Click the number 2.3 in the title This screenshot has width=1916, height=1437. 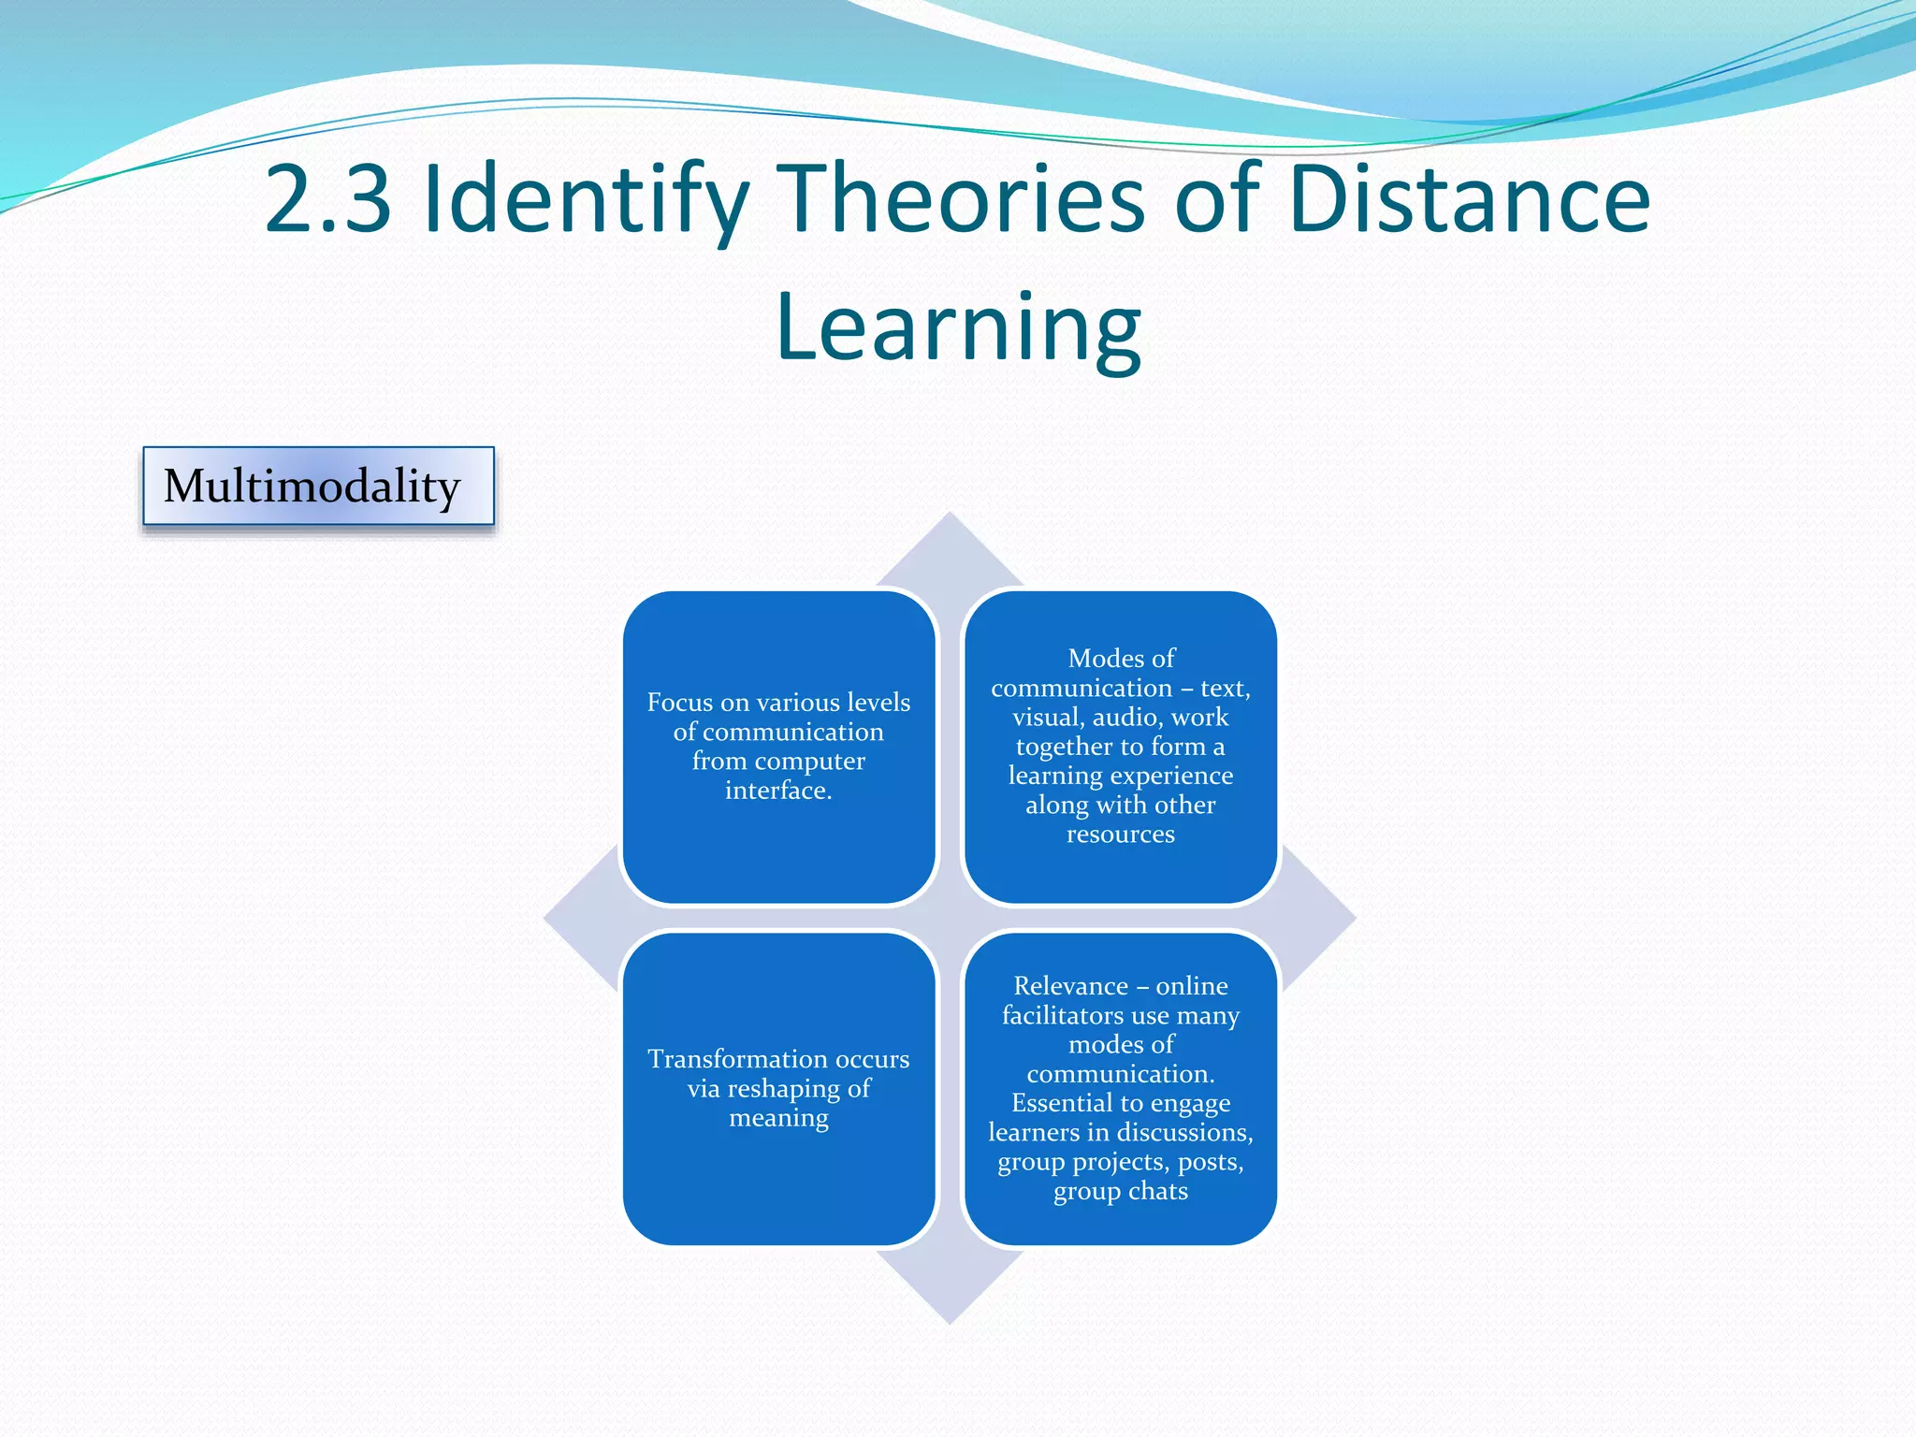pyautogui.click(x=327, y=199)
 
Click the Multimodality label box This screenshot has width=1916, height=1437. pyautogui.click(x=318, y=486)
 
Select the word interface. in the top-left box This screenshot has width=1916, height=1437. pyautogui.click(x=778, y=791)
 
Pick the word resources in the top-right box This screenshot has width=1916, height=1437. pyautogui.click(x=1120, y=835)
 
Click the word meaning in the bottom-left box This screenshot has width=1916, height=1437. pyautogui.click(x=778, y=1118)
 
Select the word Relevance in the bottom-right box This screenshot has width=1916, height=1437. pyautogui.click(x=1070, y=986)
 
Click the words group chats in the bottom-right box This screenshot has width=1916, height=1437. pyautogui.click(x=1120, y=1191)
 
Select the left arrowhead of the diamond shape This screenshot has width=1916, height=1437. pyautogui.click(x=580, y=918)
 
